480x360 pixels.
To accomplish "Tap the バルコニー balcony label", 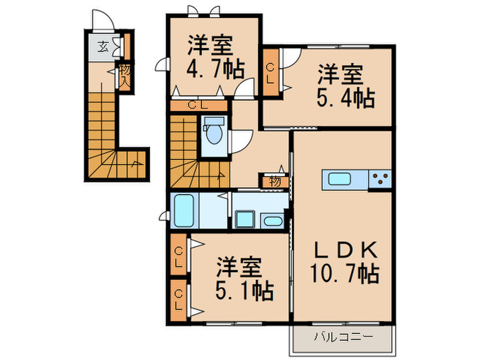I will tap(343, 337).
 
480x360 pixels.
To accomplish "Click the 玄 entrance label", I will tap(102, 47).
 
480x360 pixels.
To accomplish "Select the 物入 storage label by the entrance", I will tap(125, 73).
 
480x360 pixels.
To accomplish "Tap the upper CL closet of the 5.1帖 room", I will tap(178, 256).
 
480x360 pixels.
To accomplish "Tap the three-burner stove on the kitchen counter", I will tap(380, 180).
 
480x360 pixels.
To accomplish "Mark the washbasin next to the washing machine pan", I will tap(272, 220).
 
